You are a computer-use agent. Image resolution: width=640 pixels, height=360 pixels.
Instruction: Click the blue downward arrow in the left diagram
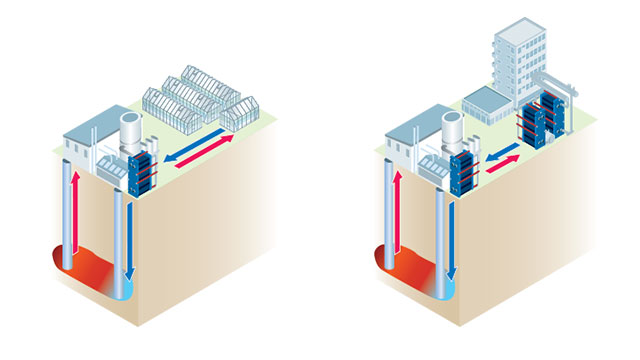pos(131,235)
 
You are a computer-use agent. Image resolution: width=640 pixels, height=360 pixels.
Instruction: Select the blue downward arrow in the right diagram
pos(450,235)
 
